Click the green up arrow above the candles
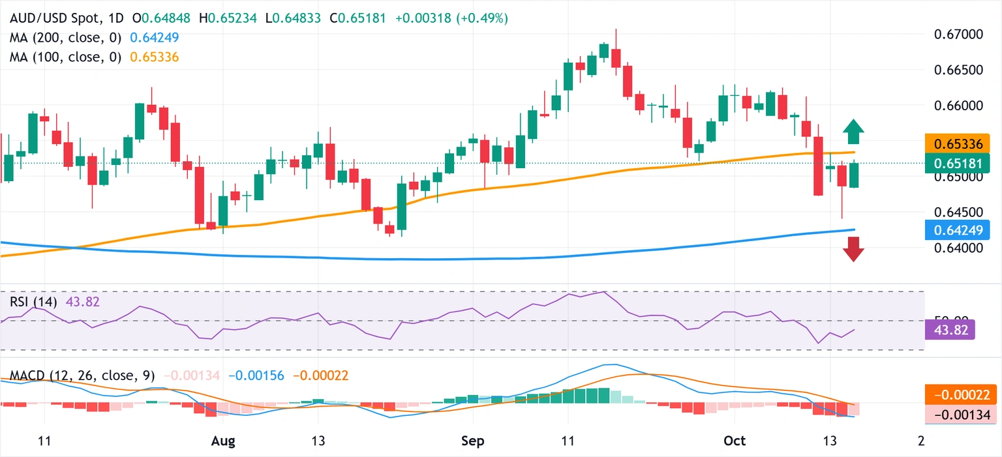(x=853, y=132)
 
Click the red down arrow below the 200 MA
(x=853, y=249)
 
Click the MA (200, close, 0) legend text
(x=66, y=38)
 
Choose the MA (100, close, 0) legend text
(x=66, y=57)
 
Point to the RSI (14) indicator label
(x=33, y=302)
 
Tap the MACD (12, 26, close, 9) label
(x=82, y=376)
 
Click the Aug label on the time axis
(x=224, y=441)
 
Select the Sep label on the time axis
(x=473, y=441)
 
